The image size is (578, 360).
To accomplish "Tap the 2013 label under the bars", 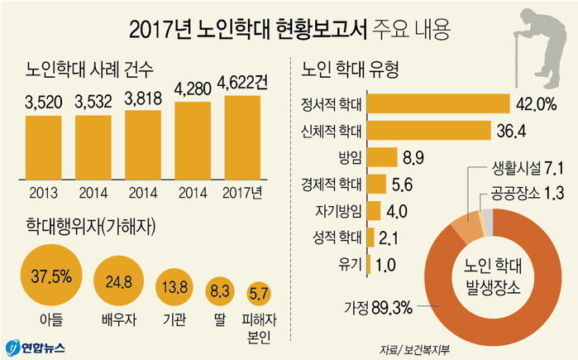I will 44,194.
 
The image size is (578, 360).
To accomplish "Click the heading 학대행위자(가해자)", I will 93,225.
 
